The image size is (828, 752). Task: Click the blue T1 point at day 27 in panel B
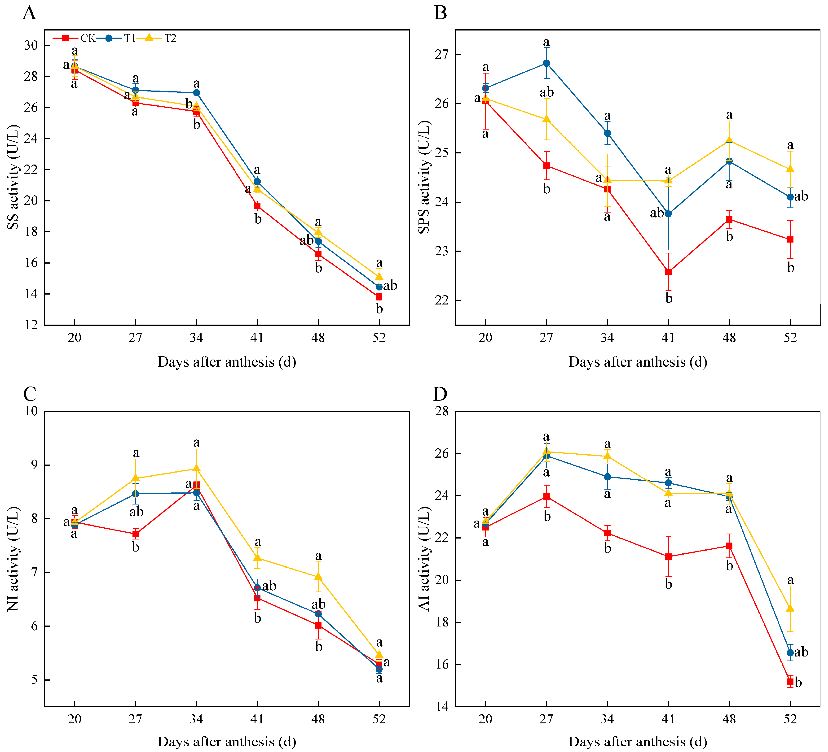(x=546, y=63)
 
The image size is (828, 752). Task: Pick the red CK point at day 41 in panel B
(x=668, y=272)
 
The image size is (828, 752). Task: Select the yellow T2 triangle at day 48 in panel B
(x=729, y=140)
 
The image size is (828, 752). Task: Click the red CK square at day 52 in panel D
(x=790, y=682)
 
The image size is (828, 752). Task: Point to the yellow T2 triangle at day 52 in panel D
(x=790, y=608)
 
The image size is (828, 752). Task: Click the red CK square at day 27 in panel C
(x=136, y=534)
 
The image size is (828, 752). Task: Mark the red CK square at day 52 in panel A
(x=379, y=297)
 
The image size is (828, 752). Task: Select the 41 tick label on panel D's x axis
(x=668, y=719)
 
